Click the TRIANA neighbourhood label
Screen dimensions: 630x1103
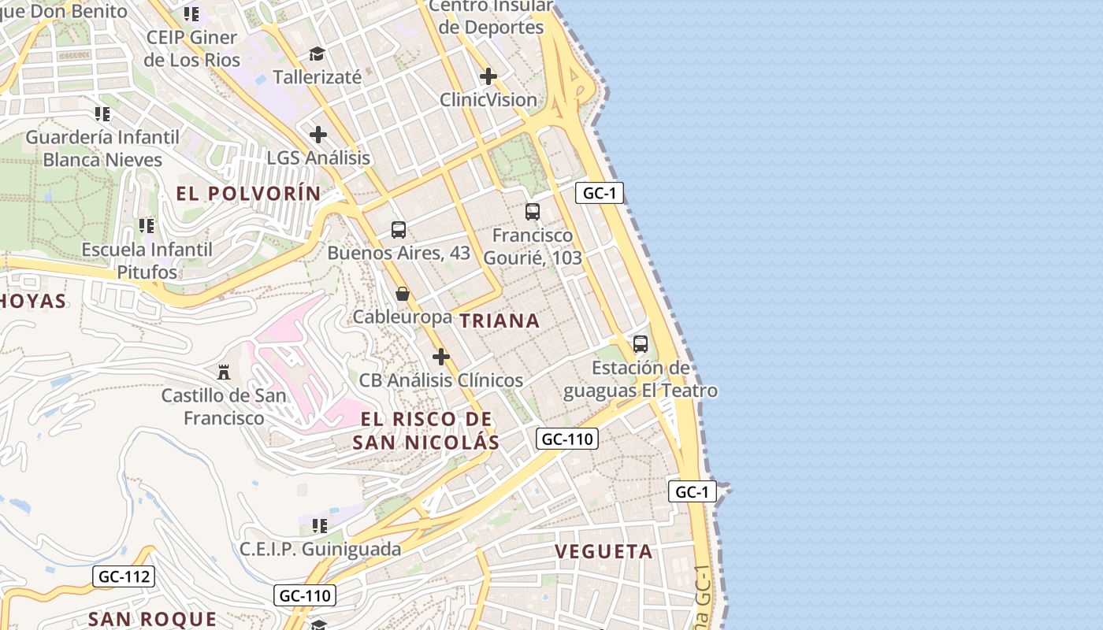coord(500,321)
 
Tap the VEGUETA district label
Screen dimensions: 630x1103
coord(604,551)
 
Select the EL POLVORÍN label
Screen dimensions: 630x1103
coord(248,194)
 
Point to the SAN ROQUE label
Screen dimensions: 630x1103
coord(152,619)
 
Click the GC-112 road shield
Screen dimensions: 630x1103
coord(124,576)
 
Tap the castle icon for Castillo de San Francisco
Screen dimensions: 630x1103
coord(224,371)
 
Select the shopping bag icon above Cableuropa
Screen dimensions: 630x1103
coord(403,295)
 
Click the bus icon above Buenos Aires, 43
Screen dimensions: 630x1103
coord(399,230)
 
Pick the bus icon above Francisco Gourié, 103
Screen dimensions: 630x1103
coord(533,211)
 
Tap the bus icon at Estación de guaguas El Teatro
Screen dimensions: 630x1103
coord(641,344)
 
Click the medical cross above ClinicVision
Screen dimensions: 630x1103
coord(488,76)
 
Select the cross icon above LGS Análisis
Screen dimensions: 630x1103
coord(318,134)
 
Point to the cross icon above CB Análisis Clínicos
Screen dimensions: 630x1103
coord(441,357)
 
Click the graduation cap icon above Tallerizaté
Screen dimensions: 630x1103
coord(317,54)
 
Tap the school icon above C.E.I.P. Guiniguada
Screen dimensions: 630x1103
coord(320,525)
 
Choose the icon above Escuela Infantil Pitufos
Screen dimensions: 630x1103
coord(147,226)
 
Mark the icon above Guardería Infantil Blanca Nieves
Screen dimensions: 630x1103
coord(102,114)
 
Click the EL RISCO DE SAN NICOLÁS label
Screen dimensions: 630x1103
coord(425,430)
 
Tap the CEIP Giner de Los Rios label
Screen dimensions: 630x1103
coord(191,48)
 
